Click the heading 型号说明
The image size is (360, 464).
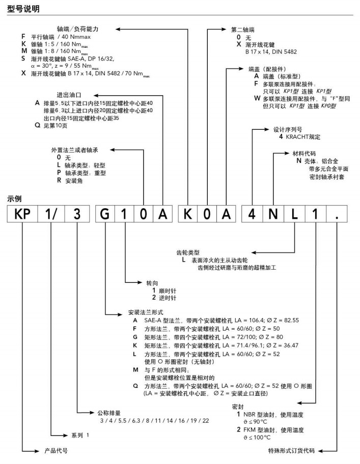pos(23,9)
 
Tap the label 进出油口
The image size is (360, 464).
pos(70,94)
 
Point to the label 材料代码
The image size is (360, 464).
pos(304,153)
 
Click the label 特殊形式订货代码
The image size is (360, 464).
pos(292,451)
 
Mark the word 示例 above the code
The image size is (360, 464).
pos(14,198)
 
